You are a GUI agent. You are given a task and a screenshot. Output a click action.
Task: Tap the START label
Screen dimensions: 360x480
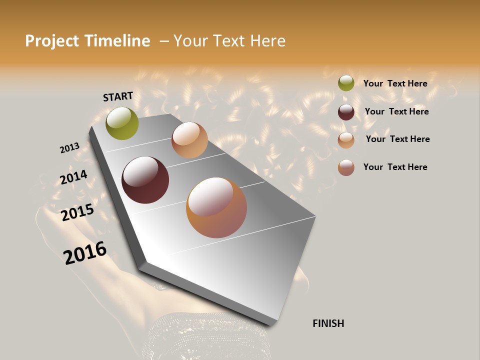(x=118, y=96)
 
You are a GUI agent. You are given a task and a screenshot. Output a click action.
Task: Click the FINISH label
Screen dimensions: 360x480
(x=328, y=323)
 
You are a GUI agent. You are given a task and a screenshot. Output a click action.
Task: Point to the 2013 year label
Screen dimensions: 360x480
(x=69, y=148)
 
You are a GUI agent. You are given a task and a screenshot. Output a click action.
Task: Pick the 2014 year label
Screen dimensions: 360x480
(x=73, y=177)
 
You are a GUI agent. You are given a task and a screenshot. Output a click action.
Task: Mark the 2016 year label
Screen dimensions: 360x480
(x=85, y=252)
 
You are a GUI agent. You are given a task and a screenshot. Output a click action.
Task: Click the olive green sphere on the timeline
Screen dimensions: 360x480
(x=122, y=123)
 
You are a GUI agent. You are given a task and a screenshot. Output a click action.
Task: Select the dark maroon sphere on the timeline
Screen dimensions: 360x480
(x=145, y=180)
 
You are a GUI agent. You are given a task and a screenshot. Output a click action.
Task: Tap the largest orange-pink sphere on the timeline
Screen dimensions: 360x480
(x=216, y=207)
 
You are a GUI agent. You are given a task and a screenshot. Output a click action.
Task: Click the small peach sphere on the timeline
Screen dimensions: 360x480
(x=189, y=140)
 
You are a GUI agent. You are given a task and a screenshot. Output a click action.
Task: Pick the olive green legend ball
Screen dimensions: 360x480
(x=346, y=83)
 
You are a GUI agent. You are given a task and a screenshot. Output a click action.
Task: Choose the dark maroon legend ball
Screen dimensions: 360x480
(x=346, y=112)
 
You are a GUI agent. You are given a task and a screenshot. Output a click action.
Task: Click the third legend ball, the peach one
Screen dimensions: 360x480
(x=346, y=139)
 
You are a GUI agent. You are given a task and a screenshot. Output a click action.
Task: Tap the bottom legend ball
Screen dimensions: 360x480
(x=346, y=167)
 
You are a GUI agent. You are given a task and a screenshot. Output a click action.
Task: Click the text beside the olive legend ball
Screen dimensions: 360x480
(x=395, y=84)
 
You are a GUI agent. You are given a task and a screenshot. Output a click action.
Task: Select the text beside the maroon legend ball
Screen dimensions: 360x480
(x=396, y=111)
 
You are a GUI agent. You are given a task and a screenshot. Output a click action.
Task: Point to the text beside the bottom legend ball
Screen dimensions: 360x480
(x=395, y=167)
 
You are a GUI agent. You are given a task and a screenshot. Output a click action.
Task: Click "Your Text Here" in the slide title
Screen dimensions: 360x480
(x=229, y=41)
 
